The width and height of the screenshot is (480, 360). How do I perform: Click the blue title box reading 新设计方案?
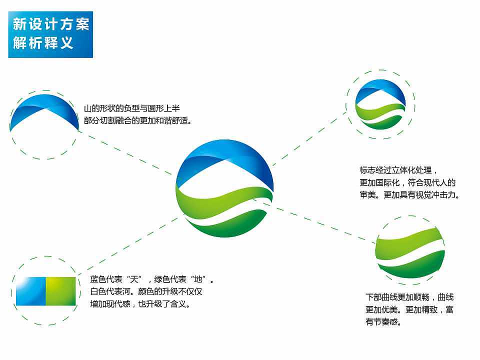click(x=50, y=23)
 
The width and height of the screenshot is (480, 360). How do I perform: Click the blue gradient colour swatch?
click(x=30, y=291)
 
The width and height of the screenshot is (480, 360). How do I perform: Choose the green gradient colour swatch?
click(x=60, y=291)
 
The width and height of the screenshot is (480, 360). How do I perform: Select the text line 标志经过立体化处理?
click(x=398, y=170)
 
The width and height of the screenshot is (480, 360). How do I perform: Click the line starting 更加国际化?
click(x=407, y=183)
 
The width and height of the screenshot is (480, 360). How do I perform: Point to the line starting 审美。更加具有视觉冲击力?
click(x=409, y=195)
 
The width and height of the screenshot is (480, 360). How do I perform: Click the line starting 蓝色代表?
click(x=152, y=279)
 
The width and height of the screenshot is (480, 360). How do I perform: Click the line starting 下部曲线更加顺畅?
click(x=409, y=297)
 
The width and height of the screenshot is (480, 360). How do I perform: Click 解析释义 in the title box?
click(x=43, y=43)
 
